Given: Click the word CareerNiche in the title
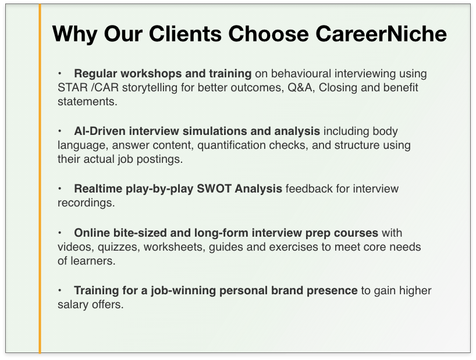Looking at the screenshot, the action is point(381,33).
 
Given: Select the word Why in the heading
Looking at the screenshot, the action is point(74,34).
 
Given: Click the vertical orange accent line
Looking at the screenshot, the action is point(40,179).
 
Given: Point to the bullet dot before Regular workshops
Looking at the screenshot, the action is point(60,73).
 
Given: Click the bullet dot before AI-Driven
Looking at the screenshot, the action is point(60,131).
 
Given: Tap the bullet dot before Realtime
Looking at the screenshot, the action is point(60,188).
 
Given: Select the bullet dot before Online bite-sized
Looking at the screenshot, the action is point(60,233).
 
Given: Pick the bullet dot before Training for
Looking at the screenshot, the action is point(60,291).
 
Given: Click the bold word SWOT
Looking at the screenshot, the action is point(214,188).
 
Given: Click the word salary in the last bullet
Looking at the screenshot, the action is point(73,305).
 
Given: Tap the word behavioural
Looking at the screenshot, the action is point(301,74).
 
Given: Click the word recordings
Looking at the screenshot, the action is point(86,203).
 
